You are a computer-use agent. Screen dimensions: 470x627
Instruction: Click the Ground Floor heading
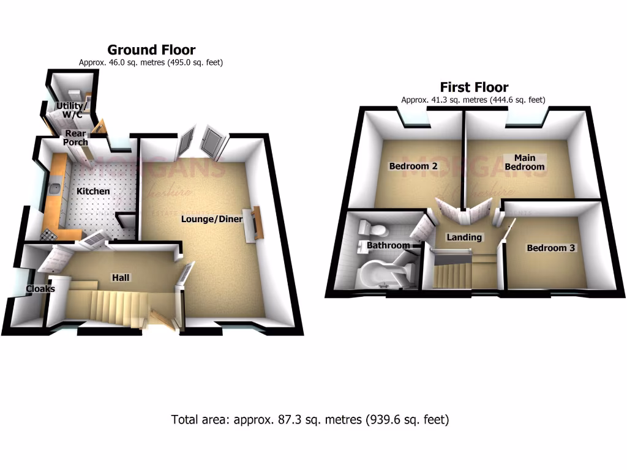151,50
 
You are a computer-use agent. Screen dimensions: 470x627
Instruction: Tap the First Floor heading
474,87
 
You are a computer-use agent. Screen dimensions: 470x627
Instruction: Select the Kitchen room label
93,192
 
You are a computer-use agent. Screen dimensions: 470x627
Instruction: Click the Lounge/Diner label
212,219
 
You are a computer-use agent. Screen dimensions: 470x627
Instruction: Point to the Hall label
120,278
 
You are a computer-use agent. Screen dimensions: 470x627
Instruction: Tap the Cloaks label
40,289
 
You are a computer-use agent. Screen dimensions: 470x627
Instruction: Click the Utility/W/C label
72,110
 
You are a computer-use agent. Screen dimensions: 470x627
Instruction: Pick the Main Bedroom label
525,162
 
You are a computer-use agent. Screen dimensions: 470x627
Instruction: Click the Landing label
464,237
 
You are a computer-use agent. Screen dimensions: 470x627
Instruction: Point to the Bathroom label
388,245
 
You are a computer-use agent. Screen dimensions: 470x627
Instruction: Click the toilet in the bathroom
374,229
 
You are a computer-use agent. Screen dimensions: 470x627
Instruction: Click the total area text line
310,420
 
